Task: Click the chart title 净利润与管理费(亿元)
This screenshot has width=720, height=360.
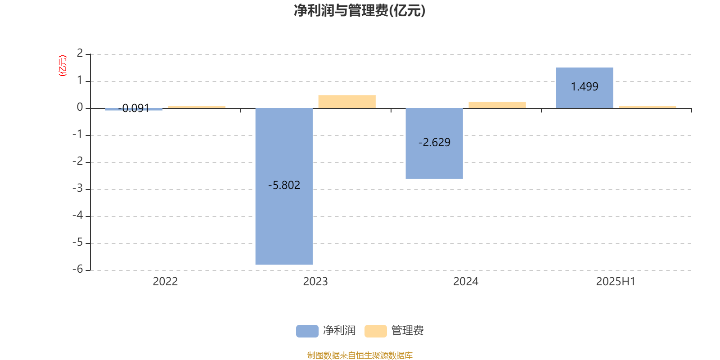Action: [x=360, y=11]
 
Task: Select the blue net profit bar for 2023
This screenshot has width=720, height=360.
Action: [x=284, y=186]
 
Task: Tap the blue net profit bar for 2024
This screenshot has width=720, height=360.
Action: [x=434, y=144]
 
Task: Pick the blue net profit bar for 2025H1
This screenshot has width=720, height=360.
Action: [x=585, y=88]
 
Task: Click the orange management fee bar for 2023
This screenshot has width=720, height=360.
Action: [x=347, y=102]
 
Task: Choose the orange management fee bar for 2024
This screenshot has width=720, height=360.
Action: [x=497, y=105]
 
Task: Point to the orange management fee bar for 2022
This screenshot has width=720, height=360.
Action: [x=197, y=107]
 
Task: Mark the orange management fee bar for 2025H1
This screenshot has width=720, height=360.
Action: [x=648, y=107]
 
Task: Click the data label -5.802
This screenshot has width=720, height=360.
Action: [x=284, y=185]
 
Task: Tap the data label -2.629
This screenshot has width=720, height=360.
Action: [x=434, y=142]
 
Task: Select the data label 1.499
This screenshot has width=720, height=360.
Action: [x=585, y=86]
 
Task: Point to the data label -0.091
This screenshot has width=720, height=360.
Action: [x=134, y=108]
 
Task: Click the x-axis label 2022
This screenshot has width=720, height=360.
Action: [x=165, y=282]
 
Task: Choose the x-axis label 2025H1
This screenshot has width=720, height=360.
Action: [x=616, y=282]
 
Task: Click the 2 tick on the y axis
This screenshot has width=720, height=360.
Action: [x=80, y=53]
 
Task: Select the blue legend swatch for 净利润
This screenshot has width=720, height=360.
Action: [x=307, y=331]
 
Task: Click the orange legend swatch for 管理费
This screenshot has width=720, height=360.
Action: [x=375, y=331]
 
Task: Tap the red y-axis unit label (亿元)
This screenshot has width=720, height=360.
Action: [x=63, y=66]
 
